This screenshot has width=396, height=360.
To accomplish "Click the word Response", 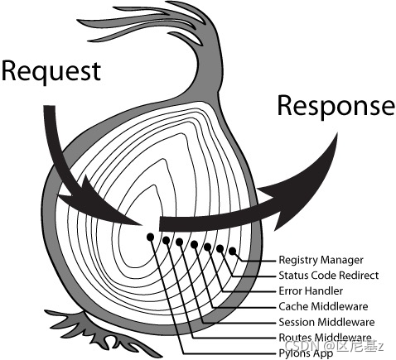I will (335, 105).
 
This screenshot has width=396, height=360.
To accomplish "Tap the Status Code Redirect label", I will (328, 276).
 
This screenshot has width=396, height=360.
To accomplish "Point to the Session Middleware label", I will (326, 322).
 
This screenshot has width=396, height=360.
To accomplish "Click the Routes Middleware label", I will (324, 338).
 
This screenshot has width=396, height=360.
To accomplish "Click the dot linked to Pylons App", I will (151, 237).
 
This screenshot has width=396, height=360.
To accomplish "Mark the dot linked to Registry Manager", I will (233, 251).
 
